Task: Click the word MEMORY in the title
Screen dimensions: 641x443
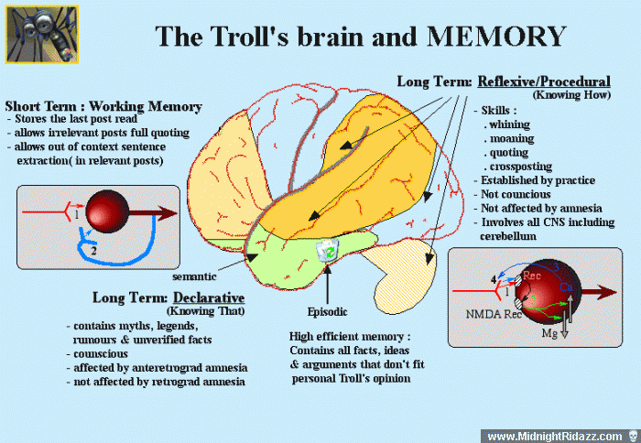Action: point(496,37)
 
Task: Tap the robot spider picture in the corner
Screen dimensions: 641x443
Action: point(42,35)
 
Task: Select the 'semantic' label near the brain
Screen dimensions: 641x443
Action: point(194,276)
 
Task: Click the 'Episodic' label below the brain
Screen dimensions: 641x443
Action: point(328,312)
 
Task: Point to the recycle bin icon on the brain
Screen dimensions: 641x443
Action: point(328,250)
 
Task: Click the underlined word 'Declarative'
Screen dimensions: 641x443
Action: point(209,297)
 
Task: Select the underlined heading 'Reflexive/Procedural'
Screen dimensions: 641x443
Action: point(544,81)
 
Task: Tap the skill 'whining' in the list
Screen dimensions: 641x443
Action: point(509,124)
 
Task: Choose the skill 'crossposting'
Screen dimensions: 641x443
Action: point(521,167)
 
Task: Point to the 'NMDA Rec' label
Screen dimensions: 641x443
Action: point(494,314)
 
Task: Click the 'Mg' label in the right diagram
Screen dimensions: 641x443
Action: point(549,333)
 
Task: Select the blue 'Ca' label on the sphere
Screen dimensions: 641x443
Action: point(566,286)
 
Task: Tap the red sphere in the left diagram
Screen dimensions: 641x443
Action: point(107,211)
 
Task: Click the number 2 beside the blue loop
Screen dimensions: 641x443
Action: point(93,250)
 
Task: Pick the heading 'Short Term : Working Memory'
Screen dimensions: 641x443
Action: point(103,106)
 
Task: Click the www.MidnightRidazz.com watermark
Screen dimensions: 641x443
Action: point(555,437)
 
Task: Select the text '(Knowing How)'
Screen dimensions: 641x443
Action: point(571,95)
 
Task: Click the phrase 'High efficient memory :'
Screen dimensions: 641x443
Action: point(350,337)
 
